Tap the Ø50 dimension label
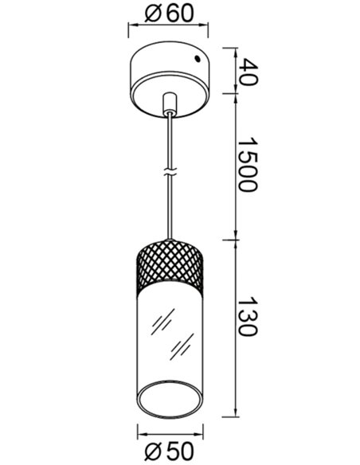[x=169, y=451]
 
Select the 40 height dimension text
[x=248, y=72]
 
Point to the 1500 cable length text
[x=248, y=164]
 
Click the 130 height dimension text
[x=248, y=315]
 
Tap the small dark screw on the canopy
[x=197, y=59]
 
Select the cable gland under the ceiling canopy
[x=170, y=103]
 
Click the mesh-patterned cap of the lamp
[x=170, y=264]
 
